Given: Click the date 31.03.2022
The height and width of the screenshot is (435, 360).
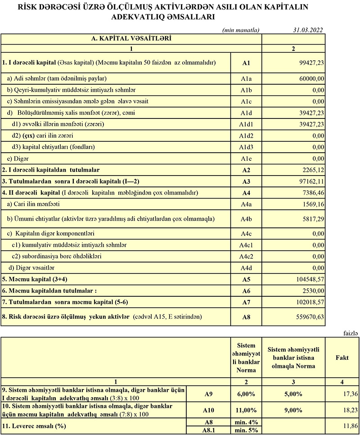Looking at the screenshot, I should point(307,30).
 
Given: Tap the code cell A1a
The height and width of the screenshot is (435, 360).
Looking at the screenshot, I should point(246,78).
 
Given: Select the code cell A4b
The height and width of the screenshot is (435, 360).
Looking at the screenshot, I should point(246,219).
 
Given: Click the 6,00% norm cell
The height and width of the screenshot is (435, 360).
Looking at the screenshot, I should point(246,394).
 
